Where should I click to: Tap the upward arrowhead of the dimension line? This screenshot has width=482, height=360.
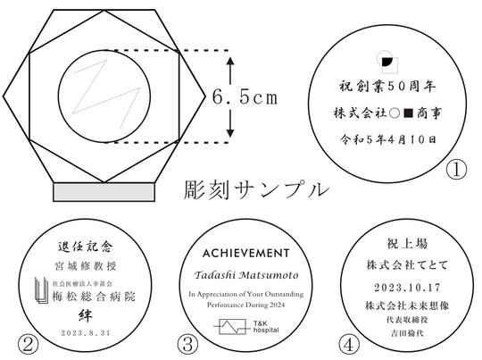tap(231, 60)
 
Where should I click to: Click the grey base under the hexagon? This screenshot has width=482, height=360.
tap(102, 191)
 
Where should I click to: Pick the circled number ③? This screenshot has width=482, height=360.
tap(187, 343)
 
